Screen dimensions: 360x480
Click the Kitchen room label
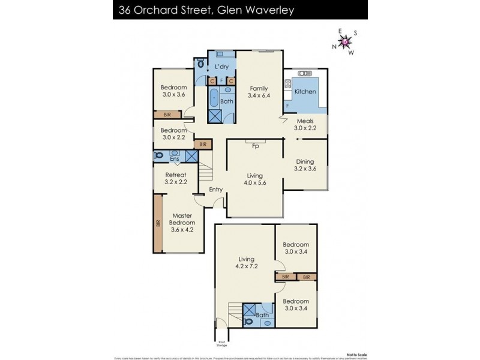pos(305,92)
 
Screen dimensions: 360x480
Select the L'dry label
pos(221,67)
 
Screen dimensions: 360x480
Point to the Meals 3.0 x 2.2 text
pos(304,124)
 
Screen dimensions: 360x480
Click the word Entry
pos(216,190)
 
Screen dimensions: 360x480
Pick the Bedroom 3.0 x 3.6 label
pos(173,91)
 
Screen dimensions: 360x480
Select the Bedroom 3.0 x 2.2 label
pos(173,134)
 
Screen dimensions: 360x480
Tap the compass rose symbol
pos(346,41)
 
